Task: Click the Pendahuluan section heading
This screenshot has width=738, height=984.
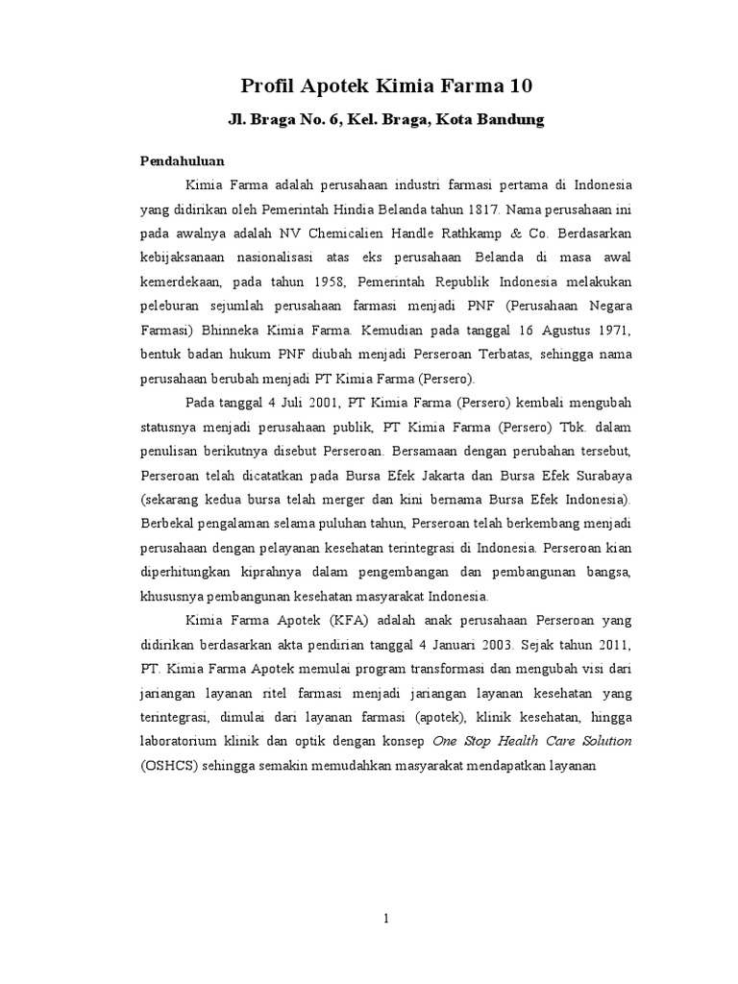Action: [183, 162]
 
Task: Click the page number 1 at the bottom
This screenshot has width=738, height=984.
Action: [385, 919]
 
